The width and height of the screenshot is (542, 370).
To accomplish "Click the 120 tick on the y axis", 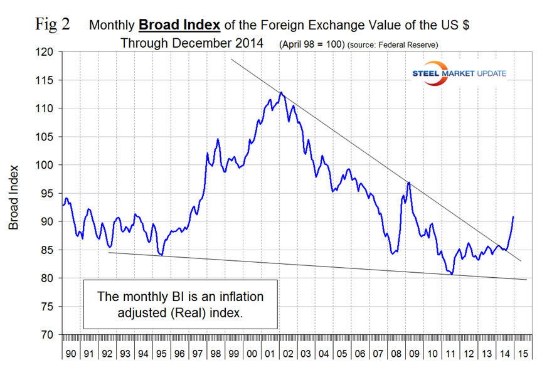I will [47, 52].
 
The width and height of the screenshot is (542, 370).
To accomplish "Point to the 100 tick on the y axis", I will [47, 165].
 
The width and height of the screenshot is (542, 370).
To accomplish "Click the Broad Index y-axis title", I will [14, 196].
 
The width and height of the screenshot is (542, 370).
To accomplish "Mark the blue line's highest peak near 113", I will [281, 92].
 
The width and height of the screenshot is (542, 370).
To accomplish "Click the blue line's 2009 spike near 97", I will [409, 182].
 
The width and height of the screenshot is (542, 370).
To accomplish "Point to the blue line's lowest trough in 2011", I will [452, 274].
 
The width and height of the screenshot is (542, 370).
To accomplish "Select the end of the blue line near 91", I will [514, 217].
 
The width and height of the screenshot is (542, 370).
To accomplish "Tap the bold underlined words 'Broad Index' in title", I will [179, 26].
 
